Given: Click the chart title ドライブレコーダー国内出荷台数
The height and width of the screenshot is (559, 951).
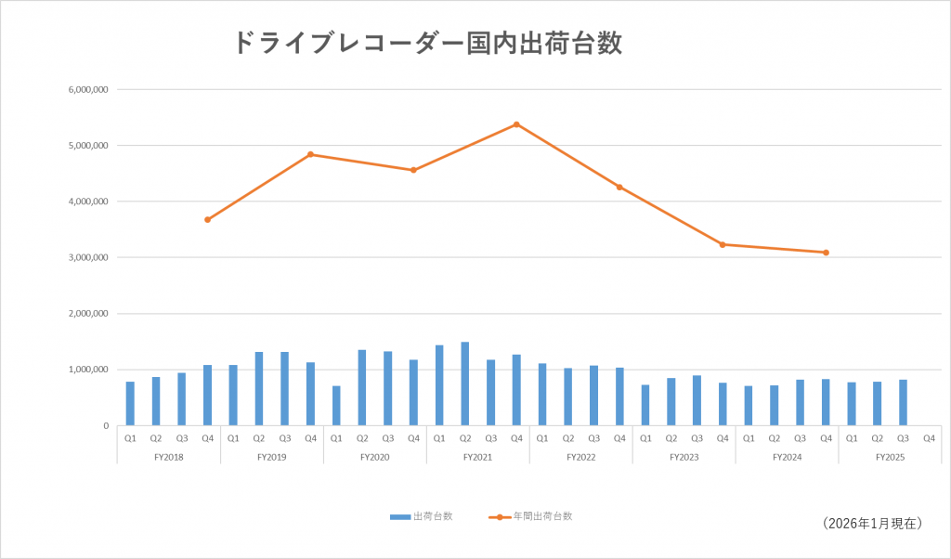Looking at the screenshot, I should coord(426,43).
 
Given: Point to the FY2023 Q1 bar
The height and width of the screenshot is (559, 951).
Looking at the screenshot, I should coord(645,405).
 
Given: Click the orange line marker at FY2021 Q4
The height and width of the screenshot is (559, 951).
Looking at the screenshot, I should coord(516,124).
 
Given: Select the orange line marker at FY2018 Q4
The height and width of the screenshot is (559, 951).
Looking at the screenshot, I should coord(207,220).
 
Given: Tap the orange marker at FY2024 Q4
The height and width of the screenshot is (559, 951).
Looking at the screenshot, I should coord(826,253).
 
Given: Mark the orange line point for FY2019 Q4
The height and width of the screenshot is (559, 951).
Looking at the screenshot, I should coord(310,154).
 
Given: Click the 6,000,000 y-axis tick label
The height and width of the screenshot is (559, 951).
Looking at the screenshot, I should coord(89,90).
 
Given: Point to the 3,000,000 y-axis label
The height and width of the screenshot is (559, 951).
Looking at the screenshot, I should coord(89,257).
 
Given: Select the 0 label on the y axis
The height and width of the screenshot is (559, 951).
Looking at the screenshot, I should coord(105,425).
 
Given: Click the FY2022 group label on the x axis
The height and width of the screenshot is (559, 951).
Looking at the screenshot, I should coord(580,457).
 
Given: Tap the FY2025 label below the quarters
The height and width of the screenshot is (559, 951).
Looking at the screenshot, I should coord(890,457).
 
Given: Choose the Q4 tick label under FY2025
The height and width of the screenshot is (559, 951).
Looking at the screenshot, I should coord(929,439).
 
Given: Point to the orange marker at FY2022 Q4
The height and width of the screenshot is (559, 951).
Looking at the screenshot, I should coord(619,187).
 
